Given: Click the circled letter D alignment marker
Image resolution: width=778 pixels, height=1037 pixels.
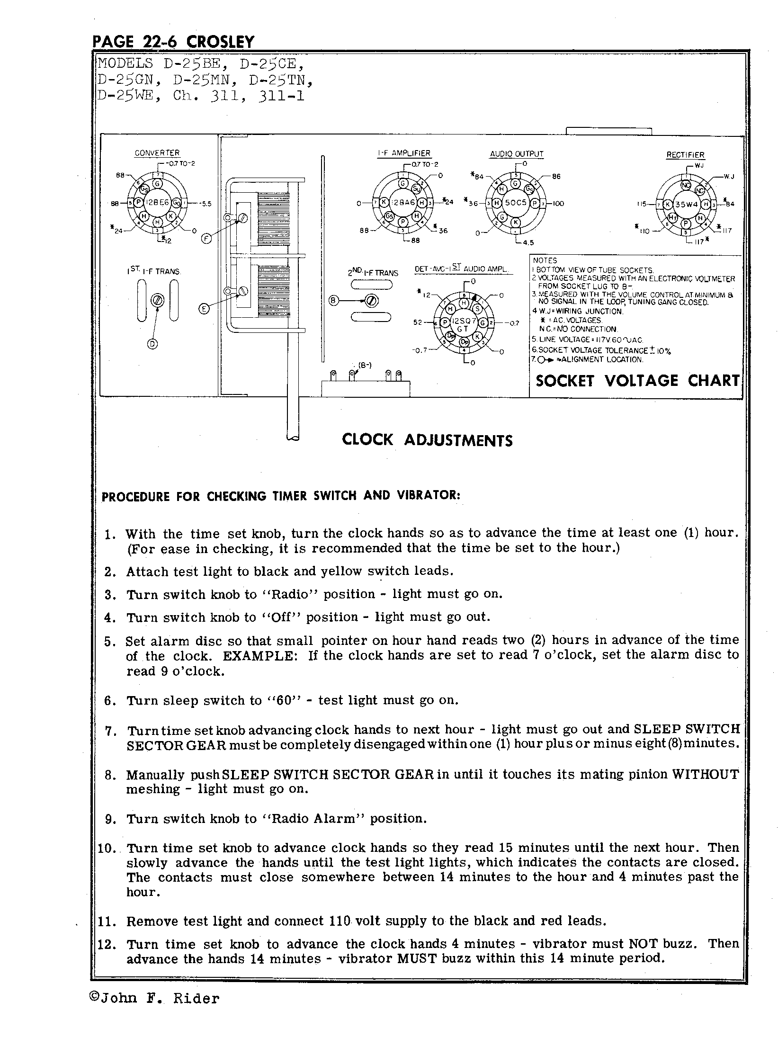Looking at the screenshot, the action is [x=152, y=344].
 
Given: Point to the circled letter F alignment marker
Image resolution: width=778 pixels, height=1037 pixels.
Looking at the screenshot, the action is [x=206, y=239].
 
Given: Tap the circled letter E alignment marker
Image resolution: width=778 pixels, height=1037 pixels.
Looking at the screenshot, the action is [x=204, y=309].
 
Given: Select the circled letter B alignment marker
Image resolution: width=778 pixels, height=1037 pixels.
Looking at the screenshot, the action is [x=333, y=300].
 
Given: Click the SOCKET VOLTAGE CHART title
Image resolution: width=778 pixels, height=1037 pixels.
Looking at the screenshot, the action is [x=637, y=381].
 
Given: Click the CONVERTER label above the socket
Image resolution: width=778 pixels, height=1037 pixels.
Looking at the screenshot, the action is [x=157, y=153].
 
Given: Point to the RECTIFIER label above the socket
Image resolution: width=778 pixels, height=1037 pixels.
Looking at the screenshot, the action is [x=685, y=155].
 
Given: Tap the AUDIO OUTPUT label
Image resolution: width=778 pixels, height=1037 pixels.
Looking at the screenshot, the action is [x=517, y=154].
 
